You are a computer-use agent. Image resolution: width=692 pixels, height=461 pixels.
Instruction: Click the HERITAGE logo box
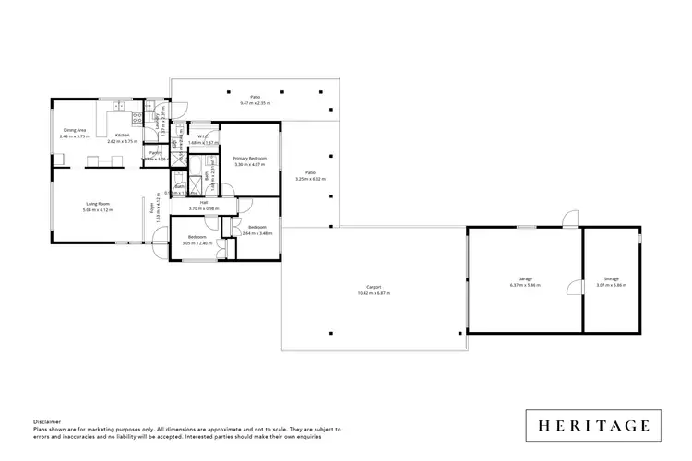593,425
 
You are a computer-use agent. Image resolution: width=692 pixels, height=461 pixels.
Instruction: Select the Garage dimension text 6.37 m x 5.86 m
524,286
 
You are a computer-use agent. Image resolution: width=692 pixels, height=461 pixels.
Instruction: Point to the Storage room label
612,279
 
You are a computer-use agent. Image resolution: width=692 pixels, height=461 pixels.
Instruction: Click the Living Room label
98,203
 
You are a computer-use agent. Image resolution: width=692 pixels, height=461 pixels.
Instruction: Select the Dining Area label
75,130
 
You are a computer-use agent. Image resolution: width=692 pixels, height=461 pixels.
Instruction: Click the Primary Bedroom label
249,159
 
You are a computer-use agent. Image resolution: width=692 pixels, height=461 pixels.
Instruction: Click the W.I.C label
201,136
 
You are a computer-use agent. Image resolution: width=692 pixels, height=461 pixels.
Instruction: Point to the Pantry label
156,153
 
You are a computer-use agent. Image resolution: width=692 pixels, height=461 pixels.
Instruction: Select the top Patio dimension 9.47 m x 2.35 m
254,103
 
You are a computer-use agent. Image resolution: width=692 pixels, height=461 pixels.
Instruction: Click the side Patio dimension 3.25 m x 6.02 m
311,178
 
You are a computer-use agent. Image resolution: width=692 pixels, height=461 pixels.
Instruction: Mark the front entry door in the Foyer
149,242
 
